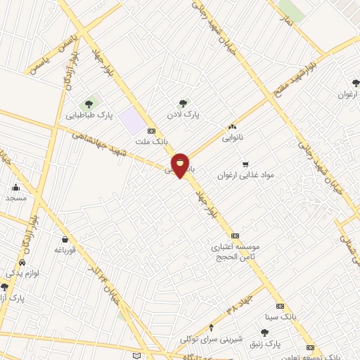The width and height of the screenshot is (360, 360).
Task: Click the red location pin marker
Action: (180, 165)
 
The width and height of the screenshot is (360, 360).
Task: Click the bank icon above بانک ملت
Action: (151, 131)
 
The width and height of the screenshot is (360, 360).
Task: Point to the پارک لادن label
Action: (184, 113)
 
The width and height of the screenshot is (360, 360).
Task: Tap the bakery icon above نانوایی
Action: (232, 127)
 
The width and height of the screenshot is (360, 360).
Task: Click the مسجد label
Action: (16, 198)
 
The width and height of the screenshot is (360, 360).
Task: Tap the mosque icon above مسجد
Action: (16, 187)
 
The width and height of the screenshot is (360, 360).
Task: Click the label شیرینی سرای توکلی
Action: (211, 338)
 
